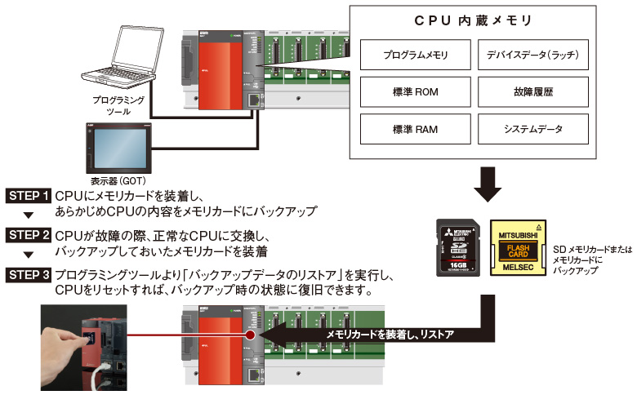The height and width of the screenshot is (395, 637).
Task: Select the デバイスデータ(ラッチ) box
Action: coord(529,55)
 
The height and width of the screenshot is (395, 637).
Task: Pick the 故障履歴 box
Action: coord(529,92)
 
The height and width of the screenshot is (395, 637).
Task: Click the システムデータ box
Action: coord(529,129)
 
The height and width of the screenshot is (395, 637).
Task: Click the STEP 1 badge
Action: coord(29,197)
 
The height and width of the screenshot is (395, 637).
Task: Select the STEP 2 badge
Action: coord(29,236)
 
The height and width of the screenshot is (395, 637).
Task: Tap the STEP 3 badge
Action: coord(29,275)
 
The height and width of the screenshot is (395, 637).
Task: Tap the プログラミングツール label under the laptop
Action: coord(120,104)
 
